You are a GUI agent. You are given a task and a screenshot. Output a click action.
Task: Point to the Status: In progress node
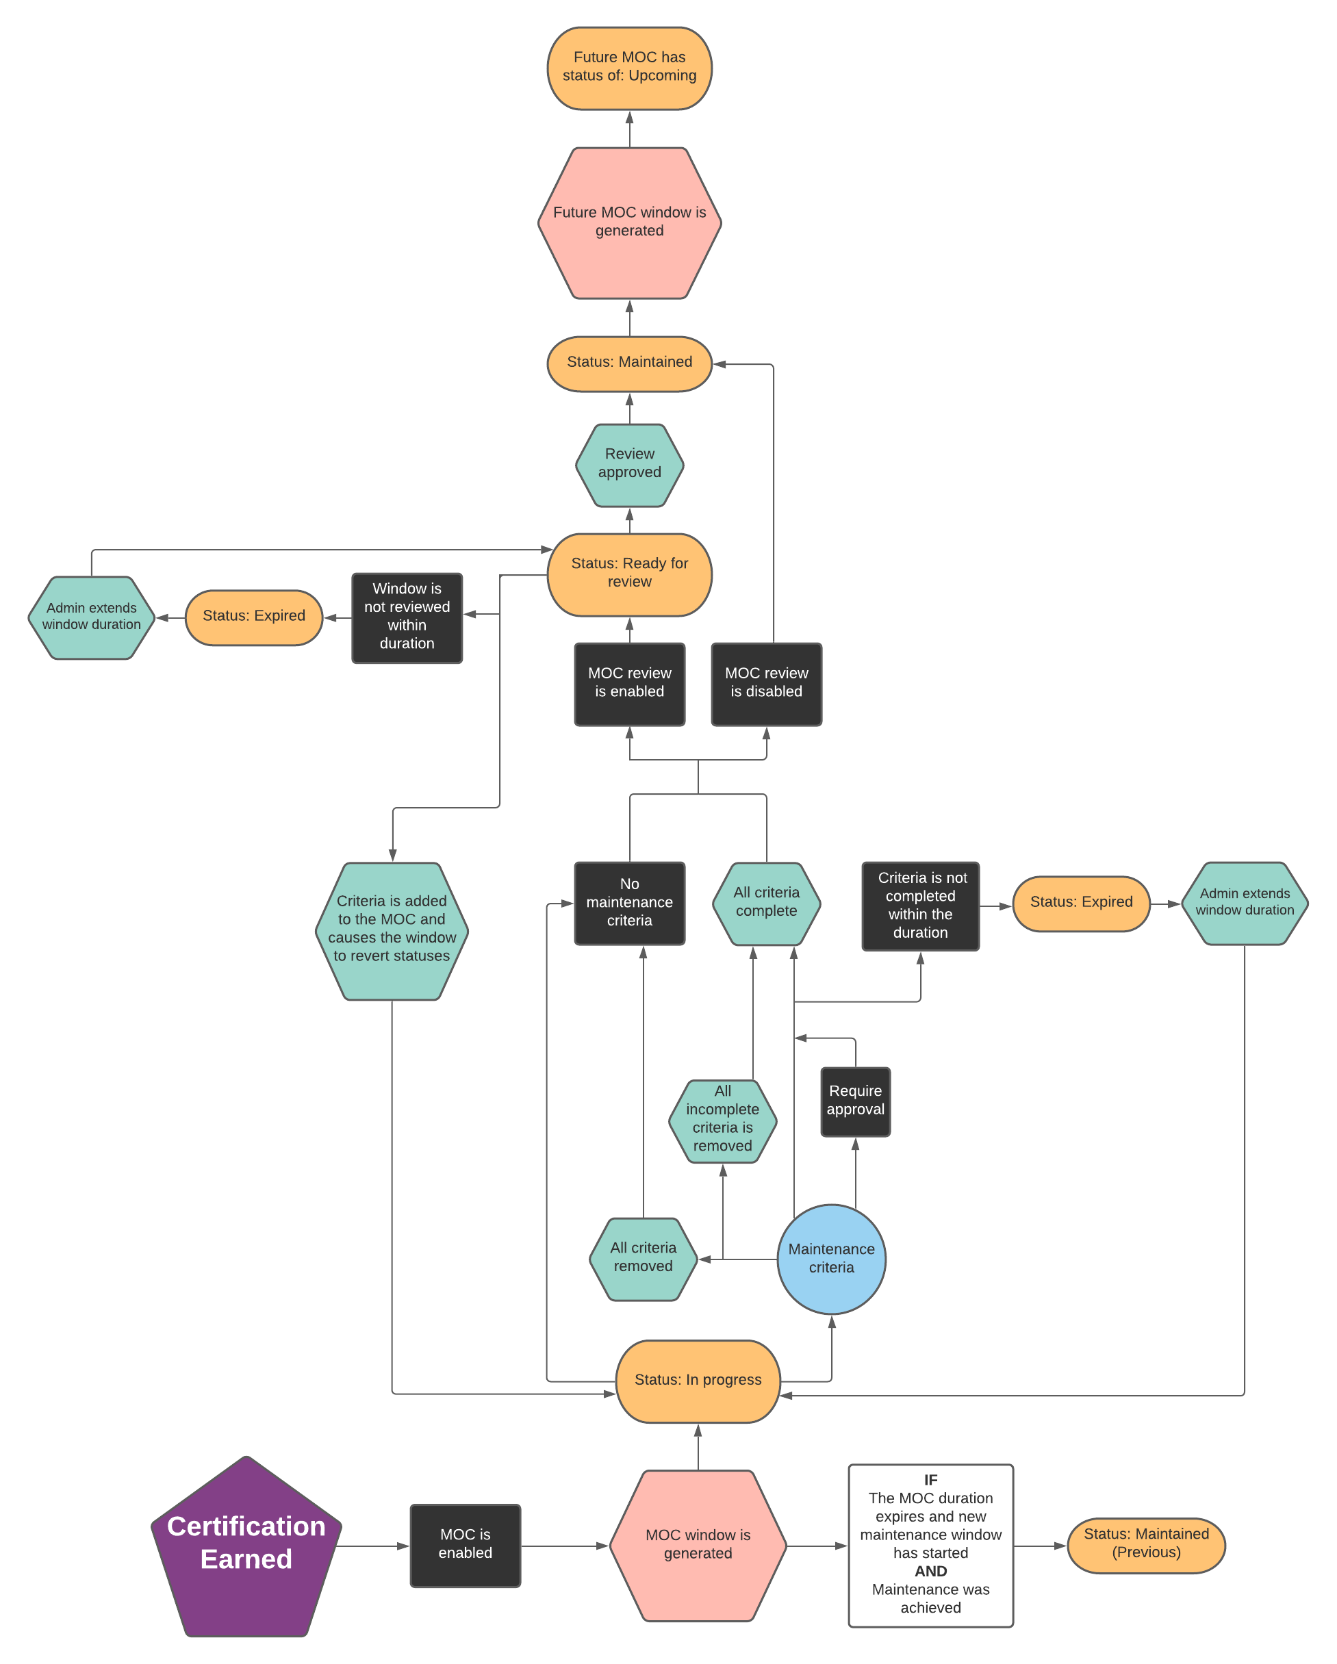(698, 1381)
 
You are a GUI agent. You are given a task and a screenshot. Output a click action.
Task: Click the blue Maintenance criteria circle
(831, 1259)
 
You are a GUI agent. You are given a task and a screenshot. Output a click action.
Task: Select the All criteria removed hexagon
(643, 1259)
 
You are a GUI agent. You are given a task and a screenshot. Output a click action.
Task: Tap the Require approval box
(855, 1101)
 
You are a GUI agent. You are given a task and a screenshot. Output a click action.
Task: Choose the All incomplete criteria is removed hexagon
(722, 1120)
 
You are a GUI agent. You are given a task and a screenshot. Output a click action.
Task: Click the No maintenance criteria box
(629, 903)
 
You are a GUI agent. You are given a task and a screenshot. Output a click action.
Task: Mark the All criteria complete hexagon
(766, 903)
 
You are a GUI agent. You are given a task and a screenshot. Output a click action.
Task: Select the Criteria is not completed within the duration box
(920, 906)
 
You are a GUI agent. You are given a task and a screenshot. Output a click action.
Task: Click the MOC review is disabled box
(766, 684)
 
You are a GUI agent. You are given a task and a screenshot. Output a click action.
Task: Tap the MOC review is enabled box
(629, 684)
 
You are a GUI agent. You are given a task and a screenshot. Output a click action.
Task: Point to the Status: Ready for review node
(629, 574)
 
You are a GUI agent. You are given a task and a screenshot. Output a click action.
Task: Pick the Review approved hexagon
(629, 465)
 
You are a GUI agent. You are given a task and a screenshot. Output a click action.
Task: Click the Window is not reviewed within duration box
(407, 617)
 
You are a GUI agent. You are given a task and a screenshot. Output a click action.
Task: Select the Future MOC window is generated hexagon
(629, 222)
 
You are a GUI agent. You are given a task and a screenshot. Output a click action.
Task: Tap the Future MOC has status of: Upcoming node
(629, 68)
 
